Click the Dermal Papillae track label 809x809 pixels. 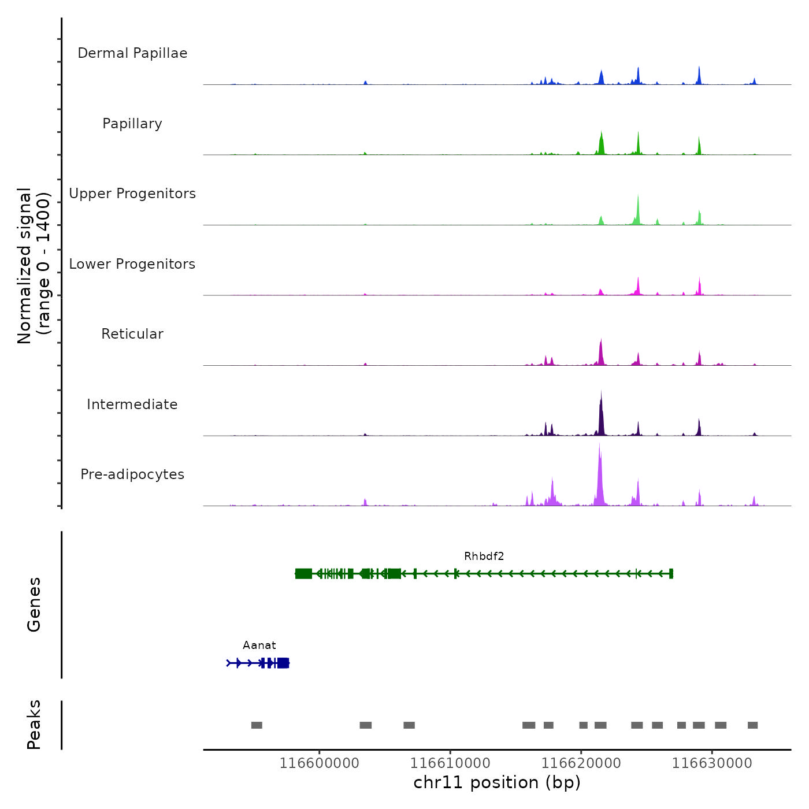point(132,53)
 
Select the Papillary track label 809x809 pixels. point(132,124)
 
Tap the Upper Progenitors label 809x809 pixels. point(132,194)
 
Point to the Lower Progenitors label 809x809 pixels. point(132,264)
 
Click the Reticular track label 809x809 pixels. point(132,334)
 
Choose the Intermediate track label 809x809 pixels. point(132,404)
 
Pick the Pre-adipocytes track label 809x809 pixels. point(132,474)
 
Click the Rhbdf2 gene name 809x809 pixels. point(484,556)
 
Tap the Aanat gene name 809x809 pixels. point(259,645)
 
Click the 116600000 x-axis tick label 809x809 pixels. point(320,763)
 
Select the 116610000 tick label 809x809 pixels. point(450,763)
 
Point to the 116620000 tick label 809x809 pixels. point(581,763)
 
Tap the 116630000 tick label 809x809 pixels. point(712,763)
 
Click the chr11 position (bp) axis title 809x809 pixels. point(497,783)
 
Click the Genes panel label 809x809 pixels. point(34,604)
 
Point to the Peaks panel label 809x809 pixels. point(34,725)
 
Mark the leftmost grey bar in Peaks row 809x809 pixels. point(257,725)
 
